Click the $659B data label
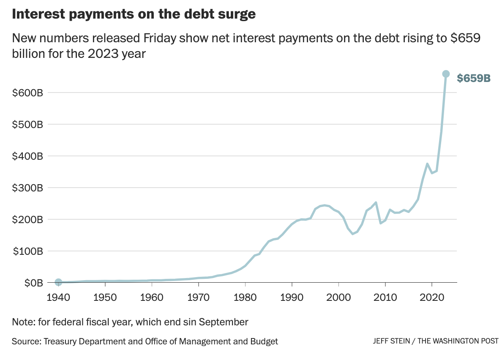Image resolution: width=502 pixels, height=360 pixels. (474, 78)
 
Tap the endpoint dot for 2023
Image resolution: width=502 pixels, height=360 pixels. (446, 74)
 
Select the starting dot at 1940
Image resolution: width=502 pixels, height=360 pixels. (58, 282)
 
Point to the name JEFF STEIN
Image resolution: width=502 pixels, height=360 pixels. (391, 341)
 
